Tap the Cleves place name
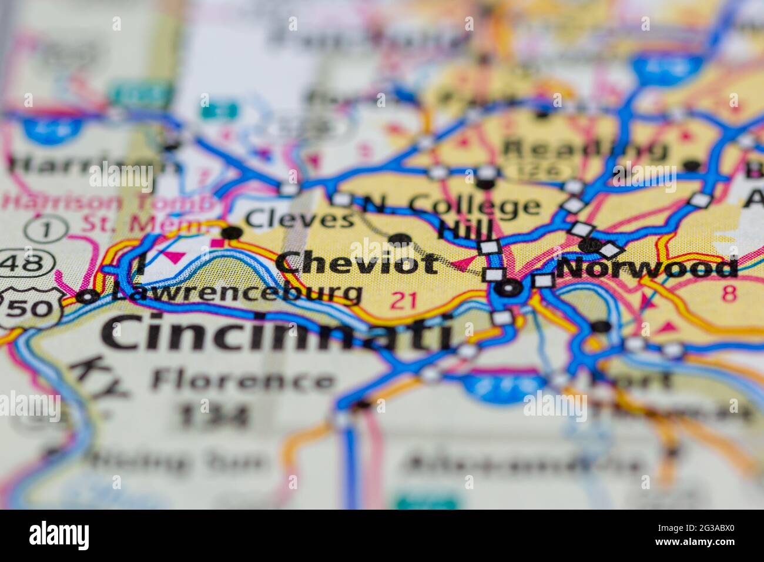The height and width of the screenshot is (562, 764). point(299,219)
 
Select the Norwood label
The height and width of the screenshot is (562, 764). point(646,269)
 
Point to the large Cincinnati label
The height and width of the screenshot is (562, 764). point(276,333)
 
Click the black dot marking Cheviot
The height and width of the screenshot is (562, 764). point(401,239)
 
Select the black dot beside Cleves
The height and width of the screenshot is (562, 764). point(232,233)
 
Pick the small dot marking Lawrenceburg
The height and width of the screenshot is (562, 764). point(87,297)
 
